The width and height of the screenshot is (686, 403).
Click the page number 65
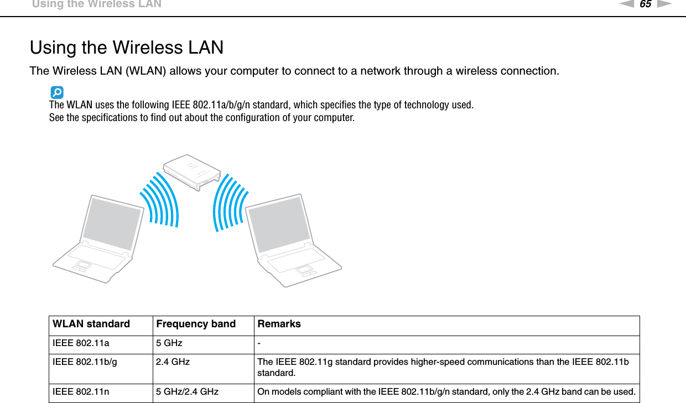[645, 5]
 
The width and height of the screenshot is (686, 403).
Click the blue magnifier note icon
[56, 92]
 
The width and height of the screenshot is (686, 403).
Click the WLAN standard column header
[91, 325]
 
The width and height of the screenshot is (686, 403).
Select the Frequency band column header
[196, 325]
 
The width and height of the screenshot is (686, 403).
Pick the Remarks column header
[279, 325]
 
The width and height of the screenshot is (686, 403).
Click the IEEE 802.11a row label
[81, 343]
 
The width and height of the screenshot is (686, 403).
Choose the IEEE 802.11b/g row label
[85, 362]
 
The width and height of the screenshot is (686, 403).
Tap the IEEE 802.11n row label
[81, 392]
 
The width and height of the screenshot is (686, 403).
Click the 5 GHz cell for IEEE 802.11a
[169, 343]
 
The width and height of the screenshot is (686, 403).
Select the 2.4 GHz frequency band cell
[173, 362]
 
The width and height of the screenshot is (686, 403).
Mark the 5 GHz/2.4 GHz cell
[187, 392]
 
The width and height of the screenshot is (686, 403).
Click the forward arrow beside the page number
[664, 5]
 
